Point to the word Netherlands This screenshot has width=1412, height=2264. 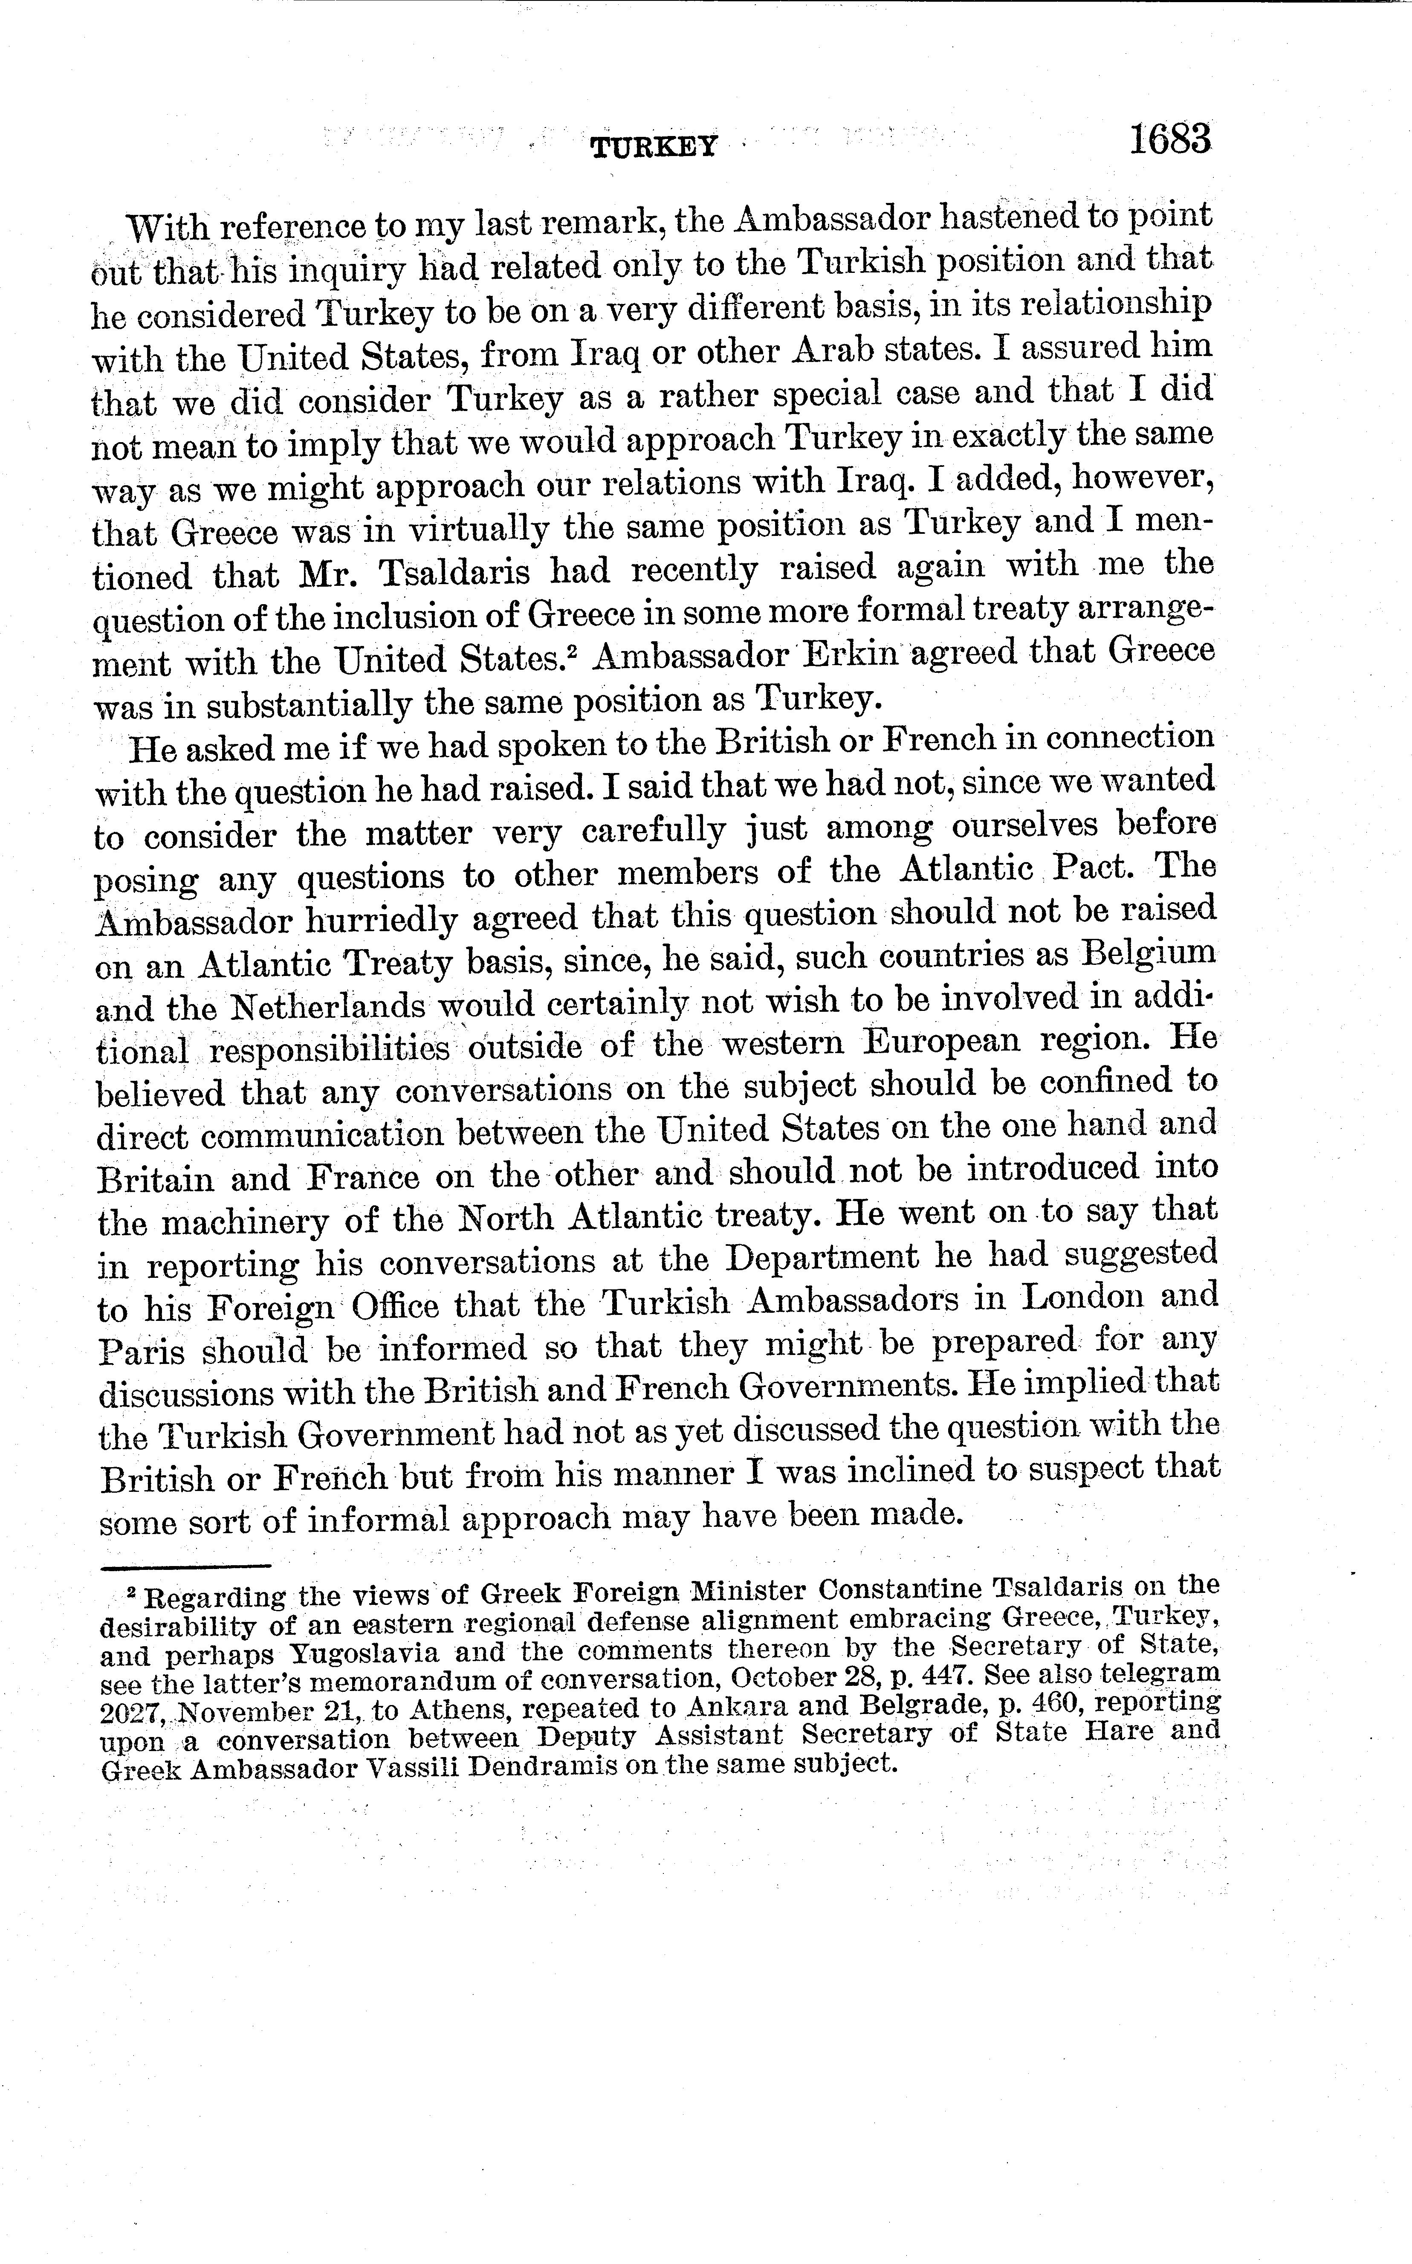[x=330, y=1007]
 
